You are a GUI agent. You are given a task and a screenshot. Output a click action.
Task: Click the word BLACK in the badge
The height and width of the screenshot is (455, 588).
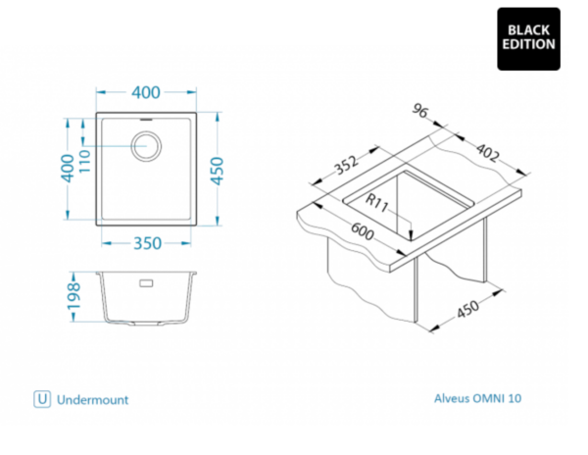click(529, 28)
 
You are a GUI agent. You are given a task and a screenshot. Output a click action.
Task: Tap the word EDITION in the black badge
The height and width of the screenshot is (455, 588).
click(529, 44)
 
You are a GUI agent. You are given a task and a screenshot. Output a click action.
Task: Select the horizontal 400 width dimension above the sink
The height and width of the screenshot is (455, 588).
click(145, 94)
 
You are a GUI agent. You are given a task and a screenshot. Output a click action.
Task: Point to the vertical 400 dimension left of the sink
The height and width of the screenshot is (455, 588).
click(67, 172)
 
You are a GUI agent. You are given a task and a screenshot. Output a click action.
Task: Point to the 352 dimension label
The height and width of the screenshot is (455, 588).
click(344, 166)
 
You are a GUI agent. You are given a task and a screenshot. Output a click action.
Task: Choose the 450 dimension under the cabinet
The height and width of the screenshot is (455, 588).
click(468, 310)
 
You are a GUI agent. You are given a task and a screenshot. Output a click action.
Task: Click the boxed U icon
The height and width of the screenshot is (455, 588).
click(41, 399)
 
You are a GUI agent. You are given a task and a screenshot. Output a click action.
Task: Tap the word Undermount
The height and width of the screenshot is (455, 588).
click(93, 400)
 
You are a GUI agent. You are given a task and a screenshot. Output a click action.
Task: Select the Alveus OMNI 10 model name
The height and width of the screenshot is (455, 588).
click(479, 399)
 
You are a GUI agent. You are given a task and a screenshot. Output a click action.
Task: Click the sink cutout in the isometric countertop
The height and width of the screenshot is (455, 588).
click(412, 201)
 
